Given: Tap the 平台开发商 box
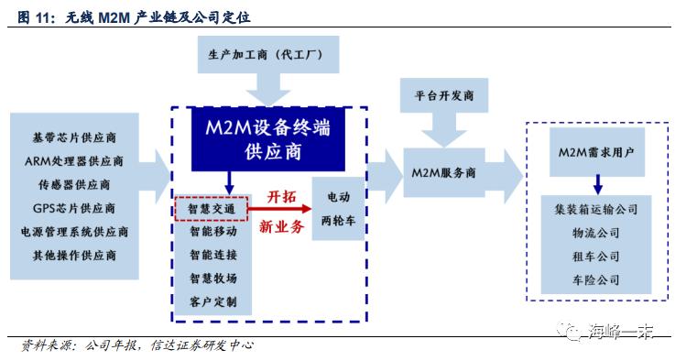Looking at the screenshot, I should pyautogui.click(x=444, y=95).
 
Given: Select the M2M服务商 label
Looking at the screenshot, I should pyautogui.click(x=444, y=173).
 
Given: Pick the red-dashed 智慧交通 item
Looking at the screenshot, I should pyautogui.click(x=212, y=209).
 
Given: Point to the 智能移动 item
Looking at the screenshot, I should pyautogui.click(x=212, y=233).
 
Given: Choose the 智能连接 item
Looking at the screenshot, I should pyautogui.click(x=212, y=256).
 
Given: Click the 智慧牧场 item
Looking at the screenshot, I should pyautogui.click(x=212, y=279).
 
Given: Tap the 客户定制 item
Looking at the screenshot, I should pyautogui.click(x=212, y=301).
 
